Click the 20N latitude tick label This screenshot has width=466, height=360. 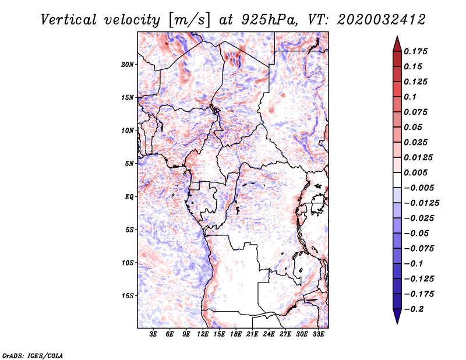tap(128, 65)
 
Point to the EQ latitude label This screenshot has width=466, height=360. tap(129, 197)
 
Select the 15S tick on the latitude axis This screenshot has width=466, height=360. tap(128, 296)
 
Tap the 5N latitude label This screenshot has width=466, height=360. tap(129, 164)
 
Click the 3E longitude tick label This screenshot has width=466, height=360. tap(153, 334)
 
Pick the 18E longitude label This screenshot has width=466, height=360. tap(236, 334)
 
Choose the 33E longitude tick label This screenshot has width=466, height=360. tap(318, 334)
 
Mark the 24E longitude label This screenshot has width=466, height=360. tap(269, 334)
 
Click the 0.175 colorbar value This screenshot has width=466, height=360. tap(415, 51)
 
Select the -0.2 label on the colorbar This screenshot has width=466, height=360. tap(414, 309)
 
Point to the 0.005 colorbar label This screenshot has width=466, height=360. tap(415, 172)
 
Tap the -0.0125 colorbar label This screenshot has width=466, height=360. tap(421, 203)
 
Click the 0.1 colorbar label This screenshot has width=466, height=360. tap(410, 97)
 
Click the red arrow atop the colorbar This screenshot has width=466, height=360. tap(397, 44)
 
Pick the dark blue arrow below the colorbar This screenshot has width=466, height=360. tap(397, 316)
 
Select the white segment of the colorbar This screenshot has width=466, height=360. tap(397, 180)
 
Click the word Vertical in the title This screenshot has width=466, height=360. tap(69, 20)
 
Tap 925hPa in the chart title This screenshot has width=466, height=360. tap(269, 20)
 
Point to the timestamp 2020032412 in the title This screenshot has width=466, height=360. tap(382, 20)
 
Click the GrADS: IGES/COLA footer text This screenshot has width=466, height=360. tap(33, 356)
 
